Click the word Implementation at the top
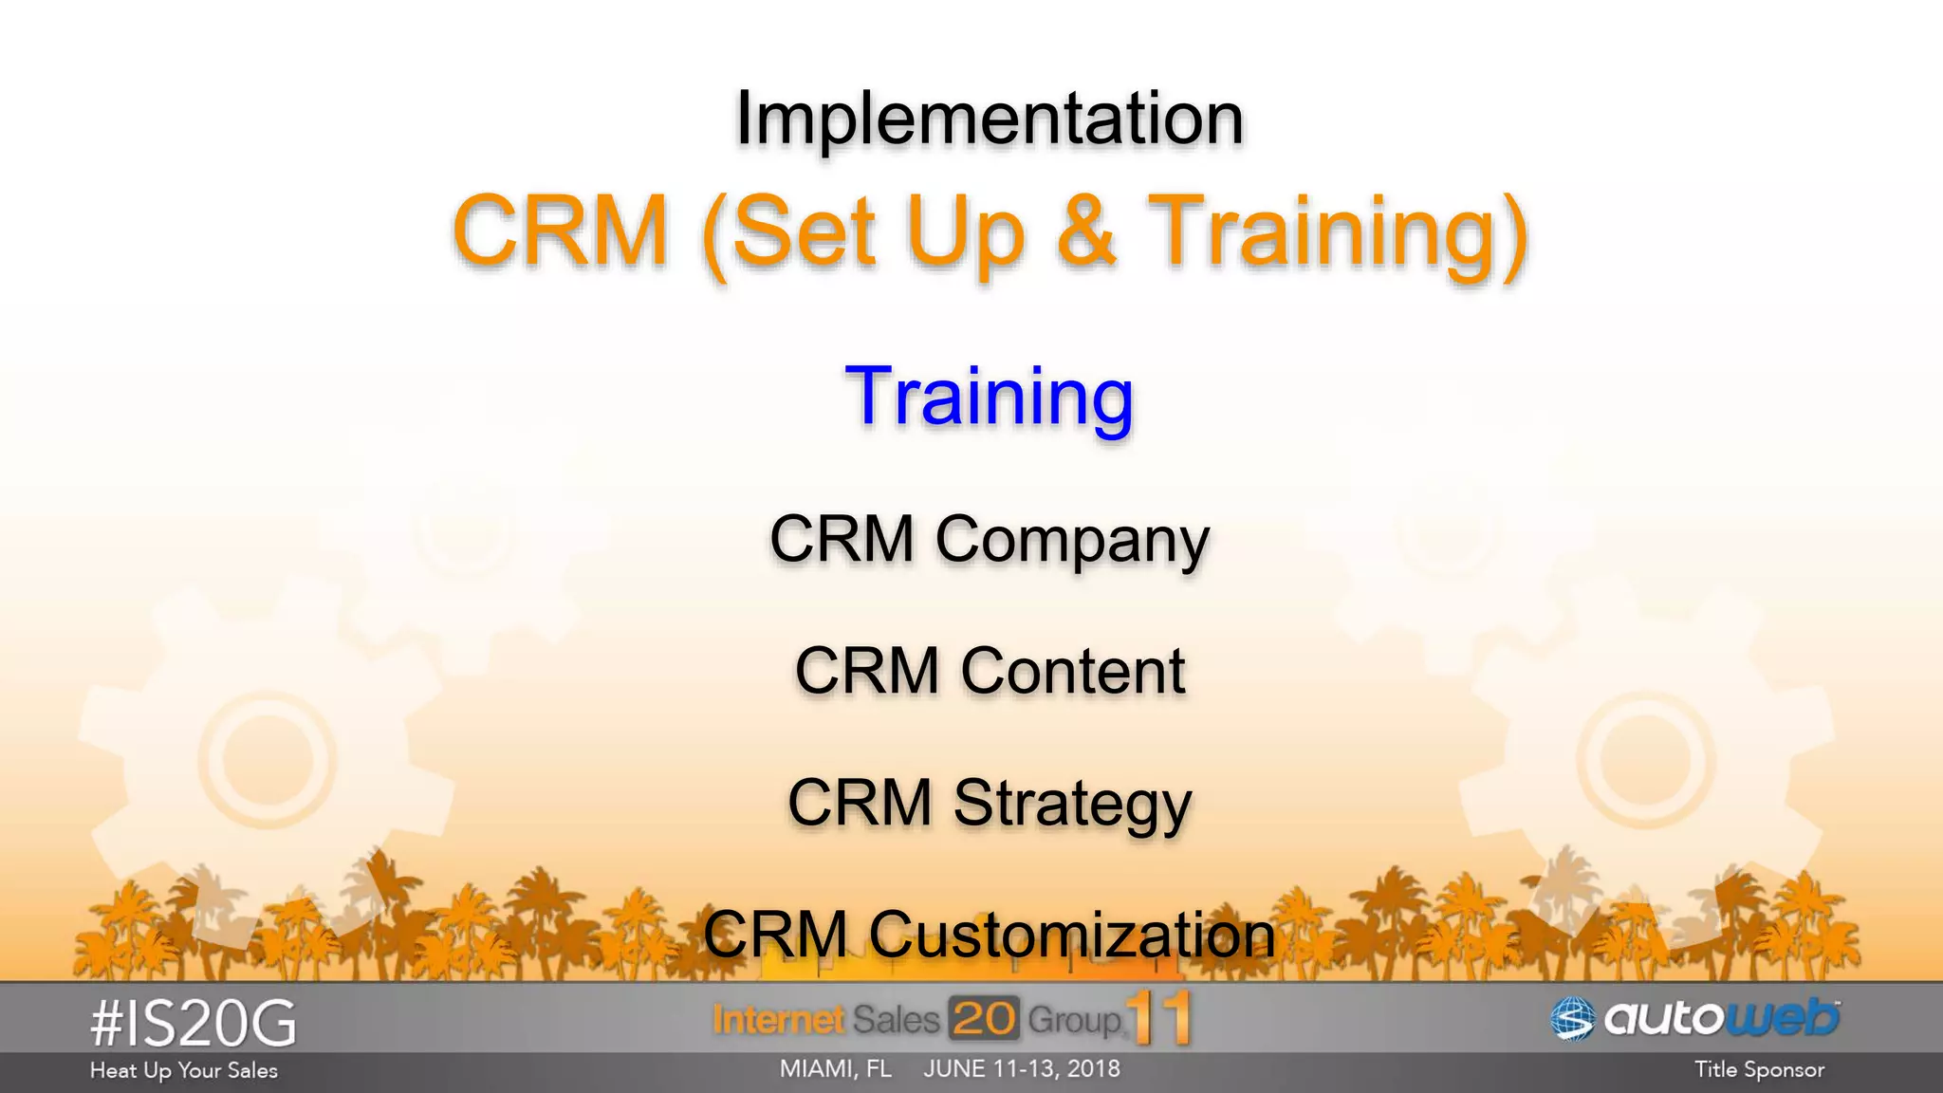989,119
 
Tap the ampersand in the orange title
1085,231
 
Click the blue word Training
989,397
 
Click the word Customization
1072,935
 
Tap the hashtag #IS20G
194,1025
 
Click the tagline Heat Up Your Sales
184,1070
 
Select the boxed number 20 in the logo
983,1019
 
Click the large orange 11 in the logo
1159,1019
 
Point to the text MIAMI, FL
835,1069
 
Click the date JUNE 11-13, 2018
1022,1069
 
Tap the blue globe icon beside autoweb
1573,1020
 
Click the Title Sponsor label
1759,1070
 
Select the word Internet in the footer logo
778,1020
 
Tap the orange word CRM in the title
561,231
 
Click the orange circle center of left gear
268,759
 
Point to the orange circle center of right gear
1646,759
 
